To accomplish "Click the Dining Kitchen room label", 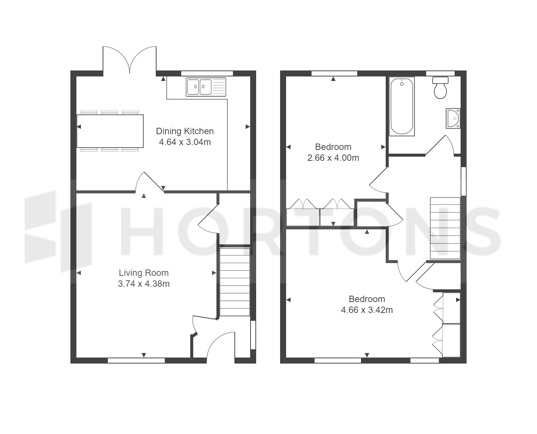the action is [x=185, y=131].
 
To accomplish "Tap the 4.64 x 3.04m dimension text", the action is [x=185, y=142].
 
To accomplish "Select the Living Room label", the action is [x=144, y=273].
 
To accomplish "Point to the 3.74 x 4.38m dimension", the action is [x=144, y=284].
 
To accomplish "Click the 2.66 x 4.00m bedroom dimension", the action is [x=333, y=158].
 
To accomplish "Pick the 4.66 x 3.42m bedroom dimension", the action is [x=367, y=310].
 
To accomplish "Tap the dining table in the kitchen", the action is [x=110, y=131].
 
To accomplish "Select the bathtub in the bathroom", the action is [x=402, y=106].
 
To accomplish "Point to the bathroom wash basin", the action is [x=453, y=118].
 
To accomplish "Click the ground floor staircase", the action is [x=235, y=282].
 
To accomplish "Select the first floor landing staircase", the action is [x=445, y=228].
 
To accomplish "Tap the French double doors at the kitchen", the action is [x=130, y=60].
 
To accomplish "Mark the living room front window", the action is [x=136, y=361].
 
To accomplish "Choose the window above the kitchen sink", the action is [x=207, y=73].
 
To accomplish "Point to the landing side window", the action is [x=463, y=181].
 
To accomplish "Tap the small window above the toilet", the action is [x=440, y=73].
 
